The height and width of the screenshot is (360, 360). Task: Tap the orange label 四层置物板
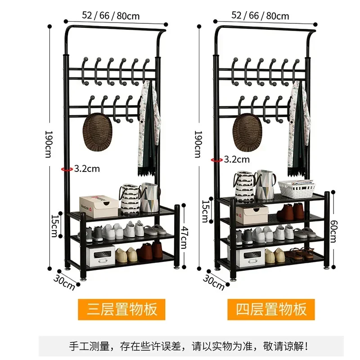[x=271, y=309]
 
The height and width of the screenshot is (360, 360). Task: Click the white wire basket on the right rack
[x=296, y=189]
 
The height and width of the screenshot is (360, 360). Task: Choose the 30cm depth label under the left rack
[x=63, y=279]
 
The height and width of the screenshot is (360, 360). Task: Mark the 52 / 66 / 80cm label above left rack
[x=111, y=15]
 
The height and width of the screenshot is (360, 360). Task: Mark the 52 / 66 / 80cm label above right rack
[x=260, y=15]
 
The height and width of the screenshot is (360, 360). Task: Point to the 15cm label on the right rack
[x=205, y=208]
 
